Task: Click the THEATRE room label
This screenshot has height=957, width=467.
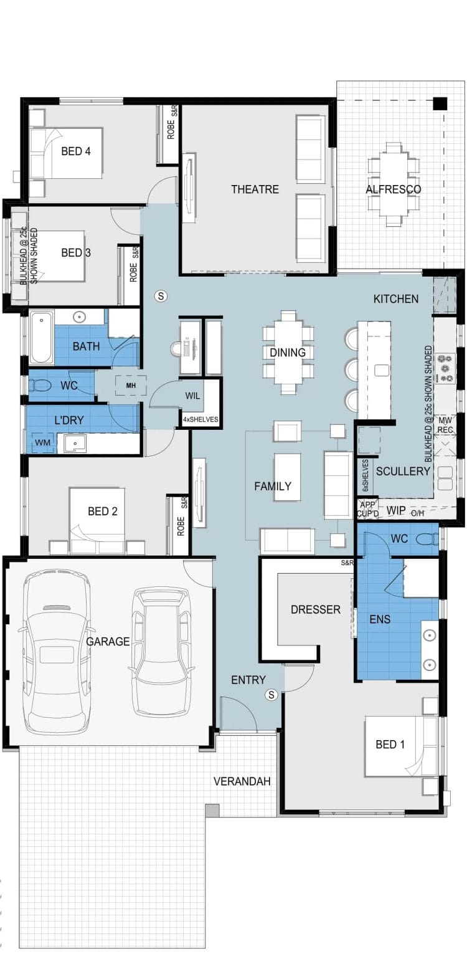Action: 255,189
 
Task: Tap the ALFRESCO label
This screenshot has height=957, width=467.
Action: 393,189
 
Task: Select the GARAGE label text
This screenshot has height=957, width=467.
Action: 108,641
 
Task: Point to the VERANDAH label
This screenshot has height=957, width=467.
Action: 242,782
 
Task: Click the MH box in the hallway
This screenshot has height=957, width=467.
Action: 131,386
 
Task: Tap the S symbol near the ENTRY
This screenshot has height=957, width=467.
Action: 271,695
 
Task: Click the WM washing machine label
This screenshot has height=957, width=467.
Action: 42,442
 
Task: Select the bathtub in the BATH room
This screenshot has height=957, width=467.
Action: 41,338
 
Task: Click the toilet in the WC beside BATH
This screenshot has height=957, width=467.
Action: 39,386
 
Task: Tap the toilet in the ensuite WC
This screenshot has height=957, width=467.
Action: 427,540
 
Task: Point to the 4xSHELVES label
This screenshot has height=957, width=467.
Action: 200,419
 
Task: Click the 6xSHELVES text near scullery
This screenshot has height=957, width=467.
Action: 366,475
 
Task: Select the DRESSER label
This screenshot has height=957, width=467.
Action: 316,609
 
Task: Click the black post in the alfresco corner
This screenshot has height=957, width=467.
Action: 440,103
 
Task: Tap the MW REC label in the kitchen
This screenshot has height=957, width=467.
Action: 445,425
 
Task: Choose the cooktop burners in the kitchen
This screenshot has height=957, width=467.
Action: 448,368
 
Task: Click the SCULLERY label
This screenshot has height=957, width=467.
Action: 402,471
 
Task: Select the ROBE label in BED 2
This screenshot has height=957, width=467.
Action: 181,526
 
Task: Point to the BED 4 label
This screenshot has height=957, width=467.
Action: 76,151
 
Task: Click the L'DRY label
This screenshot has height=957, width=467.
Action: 69,420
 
